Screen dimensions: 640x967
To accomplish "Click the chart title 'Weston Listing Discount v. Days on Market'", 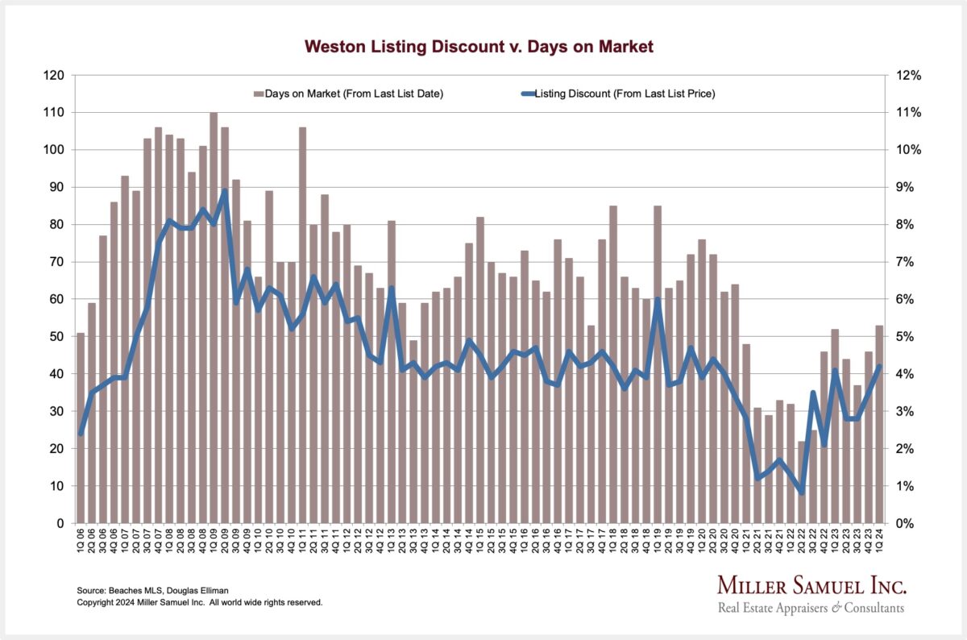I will click(479, 47).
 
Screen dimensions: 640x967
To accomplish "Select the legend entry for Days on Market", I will click(349, 94).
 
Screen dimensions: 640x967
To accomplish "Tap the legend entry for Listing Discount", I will click(618, 94).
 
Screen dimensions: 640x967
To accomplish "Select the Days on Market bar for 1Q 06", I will click(81, 428).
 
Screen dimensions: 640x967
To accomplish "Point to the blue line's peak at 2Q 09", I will click(225, 191).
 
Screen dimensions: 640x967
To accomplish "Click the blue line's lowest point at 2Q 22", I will click(801, 493).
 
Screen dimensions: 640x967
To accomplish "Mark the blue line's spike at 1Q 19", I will click(658, 299).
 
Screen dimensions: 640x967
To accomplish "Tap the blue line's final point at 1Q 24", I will click(879, 367).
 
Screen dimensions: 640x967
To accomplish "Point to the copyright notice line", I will click(199, 602).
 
